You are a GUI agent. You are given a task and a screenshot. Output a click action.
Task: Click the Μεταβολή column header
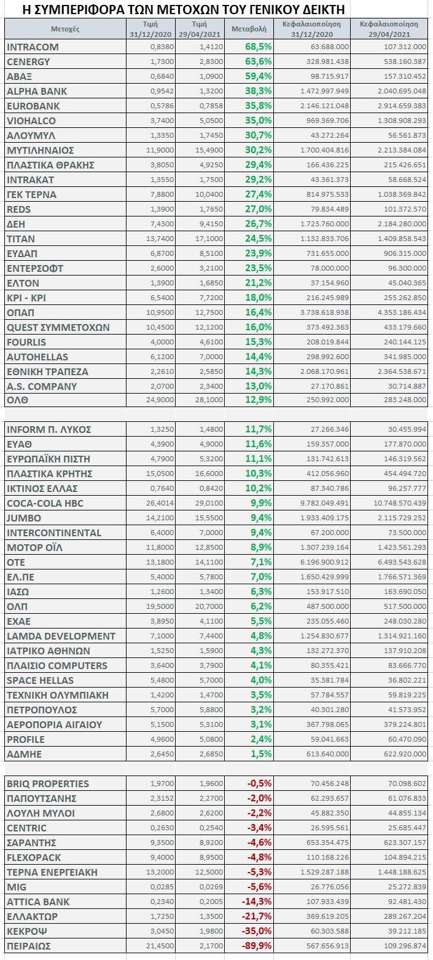[x=249, y=29]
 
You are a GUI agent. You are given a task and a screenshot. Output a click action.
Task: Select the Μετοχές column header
[x=65, y=29]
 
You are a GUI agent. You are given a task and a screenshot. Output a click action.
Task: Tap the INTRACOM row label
[x=33, y=47]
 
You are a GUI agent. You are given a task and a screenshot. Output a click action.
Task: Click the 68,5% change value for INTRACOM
[x=259, y=47]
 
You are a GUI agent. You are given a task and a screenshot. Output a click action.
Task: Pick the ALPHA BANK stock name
[x=37, y=91]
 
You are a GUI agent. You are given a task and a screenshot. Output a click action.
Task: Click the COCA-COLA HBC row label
[x=45, y=503]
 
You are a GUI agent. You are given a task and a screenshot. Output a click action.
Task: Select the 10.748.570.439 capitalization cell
[x=400, y=503]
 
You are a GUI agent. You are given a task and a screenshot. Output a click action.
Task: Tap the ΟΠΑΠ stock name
[x=20, y=313]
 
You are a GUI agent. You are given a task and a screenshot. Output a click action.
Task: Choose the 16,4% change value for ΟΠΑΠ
[x=259, y=312]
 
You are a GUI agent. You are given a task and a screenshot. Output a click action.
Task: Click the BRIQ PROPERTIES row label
[x=48, y=784]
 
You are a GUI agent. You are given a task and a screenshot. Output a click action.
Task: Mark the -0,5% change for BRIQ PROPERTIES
[x=259, y=783]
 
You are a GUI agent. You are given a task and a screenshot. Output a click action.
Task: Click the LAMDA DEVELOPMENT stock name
[x=61, y=636]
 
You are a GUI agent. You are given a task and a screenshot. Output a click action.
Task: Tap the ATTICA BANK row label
[x=38, y=902]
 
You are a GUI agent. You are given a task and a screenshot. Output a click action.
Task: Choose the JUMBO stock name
[x=24, y=518]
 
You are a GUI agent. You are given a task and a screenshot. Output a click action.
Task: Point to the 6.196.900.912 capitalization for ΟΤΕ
[x=324, y=562]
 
